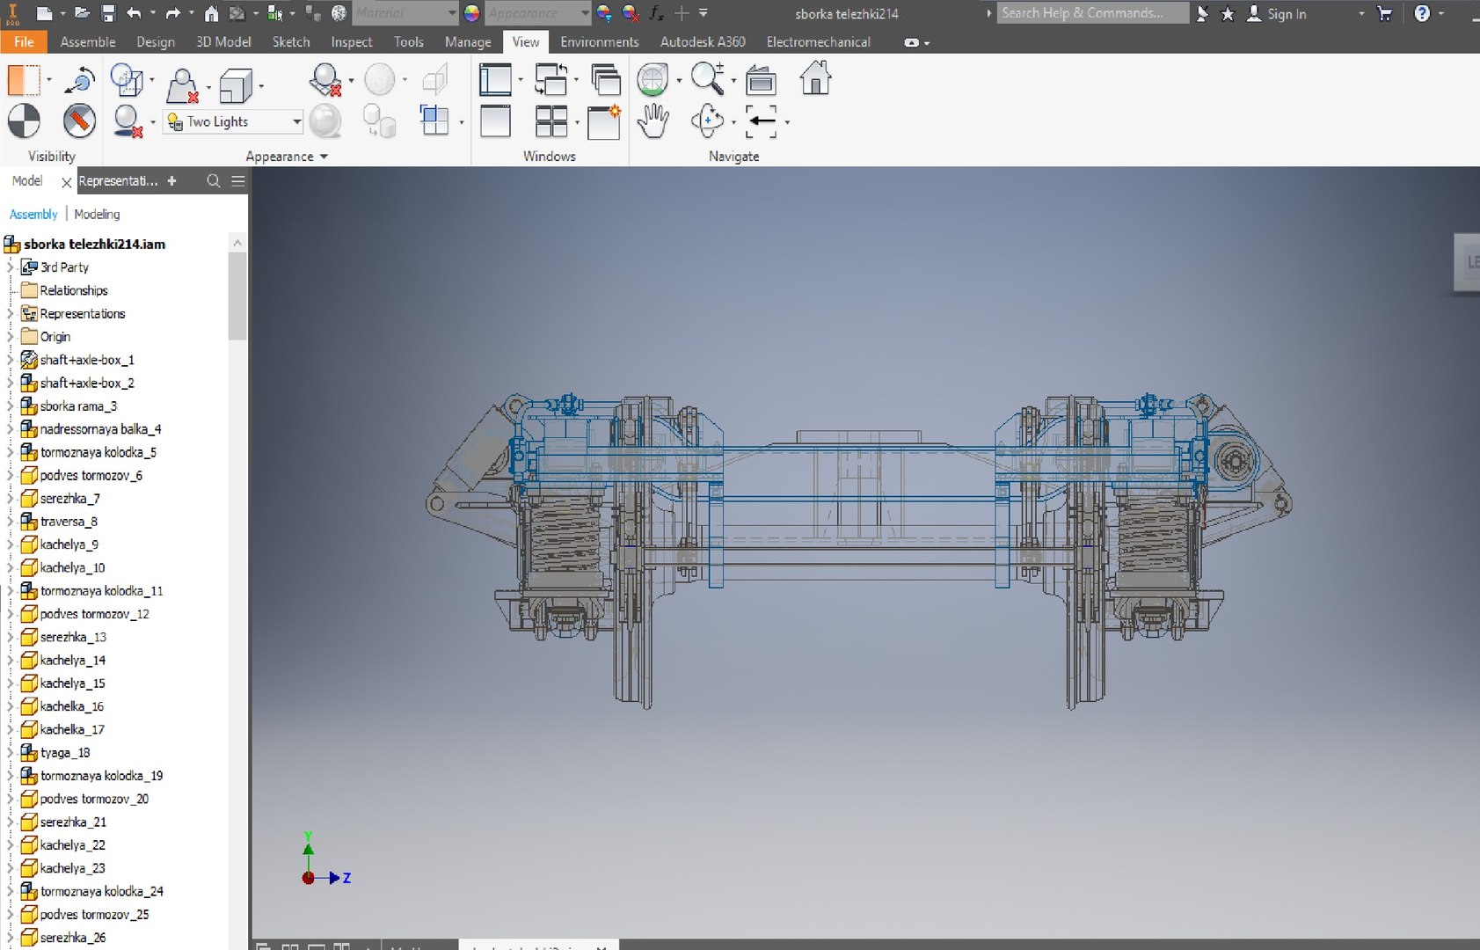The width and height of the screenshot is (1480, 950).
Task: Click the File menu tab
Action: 24,41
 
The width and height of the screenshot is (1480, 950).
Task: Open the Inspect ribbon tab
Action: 351,41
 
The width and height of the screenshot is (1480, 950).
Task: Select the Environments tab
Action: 599,41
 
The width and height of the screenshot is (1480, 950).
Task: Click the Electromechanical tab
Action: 818,41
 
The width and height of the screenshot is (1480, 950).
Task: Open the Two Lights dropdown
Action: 296,121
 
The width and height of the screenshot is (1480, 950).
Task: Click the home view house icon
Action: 815,79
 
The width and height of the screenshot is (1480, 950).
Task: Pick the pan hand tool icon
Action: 653,121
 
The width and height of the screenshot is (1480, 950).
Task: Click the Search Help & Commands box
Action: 1091,13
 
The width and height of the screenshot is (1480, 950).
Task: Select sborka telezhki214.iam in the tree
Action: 94,245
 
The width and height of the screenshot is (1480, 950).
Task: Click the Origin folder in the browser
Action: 55,337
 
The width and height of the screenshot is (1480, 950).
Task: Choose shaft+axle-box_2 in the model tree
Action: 86,384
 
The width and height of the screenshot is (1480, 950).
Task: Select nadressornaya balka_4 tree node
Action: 100,429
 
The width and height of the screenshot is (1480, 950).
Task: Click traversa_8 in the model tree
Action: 69,522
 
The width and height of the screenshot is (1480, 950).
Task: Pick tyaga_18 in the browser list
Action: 65,753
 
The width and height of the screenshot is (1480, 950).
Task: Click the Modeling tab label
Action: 97,214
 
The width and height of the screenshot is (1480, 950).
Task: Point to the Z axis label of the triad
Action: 347,878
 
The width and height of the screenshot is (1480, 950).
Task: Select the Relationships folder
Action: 73,290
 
